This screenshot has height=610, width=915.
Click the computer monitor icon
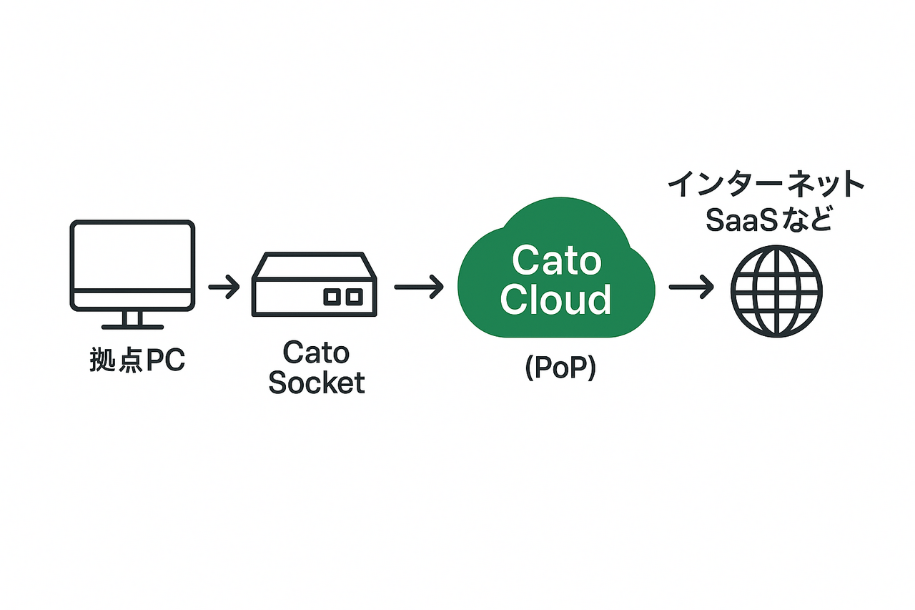(132, 274)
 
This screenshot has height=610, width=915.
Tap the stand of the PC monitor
(132, 320)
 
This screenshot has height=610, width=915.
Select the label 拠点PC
(137, 360)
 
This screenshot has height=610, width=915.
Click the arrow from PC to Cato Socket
(224, 287)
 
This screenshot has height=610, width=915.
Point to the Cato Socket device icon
(314, 285)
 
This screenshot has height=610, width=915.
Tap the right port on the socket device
(355, 297)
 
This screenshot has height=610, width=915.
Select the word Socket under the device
(317, 383)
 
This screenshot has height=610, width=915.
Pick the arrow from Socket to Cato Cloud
(419, 287)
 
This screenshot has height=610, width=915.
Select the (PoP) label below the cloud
(560, 368)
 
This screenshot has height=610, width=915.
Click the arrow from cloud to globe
(691, 287)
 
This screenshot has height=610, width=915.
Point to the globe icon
(776, 291)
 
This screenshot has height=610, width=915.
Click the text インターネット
(766, 184)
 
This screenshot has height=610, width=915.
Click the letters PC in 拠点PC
(165, 360)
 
